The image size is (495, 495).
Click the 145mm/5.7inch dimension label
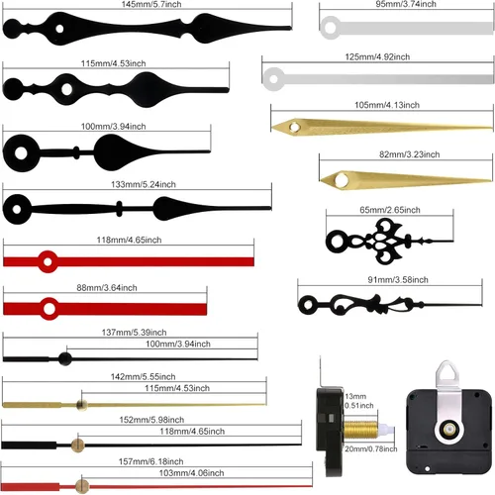(x=151, y=4)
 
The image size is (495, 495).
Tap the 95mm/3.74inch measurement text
(x=406, y=4)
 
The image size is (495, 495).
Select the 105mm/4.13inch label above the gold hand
(x=387, y=105)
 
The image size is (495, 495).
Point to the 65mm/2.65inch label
(x=390, y=210)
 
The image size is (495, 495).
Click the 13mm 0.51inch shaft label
(x=359, y=401)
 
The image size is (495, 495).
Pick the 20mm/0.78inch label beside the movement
(x=371, y=448)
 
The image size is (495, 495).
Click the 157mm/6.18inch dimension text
(x=150, y=461)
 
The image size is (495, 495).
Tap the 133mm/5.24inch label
(x=144, y=184)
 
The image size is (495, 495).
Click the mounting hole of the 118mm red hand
(x=48, y=262)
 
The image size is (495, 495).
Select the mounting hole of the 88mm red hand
(x=49, y=309)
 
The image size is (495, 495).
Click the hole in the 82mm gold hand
(x=342, y=180)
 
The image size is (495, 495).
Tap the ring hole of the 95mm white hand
(x=331, y=28)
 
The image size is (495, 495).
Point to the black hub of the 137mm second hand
(x=65, y=358)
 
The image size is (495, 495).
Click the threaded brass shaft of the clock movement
(x=360, y=429)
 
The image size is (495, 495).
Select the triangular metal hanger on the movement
(x=447, y=374)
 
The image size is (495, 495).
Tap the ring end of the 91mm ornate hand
(x=308, y=305)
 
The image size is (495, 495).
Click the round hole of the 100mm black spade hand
(x=21, y=153)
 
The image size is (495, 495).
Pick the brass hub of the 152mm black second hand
(x=77, y=445)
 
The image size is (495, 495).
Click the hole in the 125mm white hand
(x=273, y=79)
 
